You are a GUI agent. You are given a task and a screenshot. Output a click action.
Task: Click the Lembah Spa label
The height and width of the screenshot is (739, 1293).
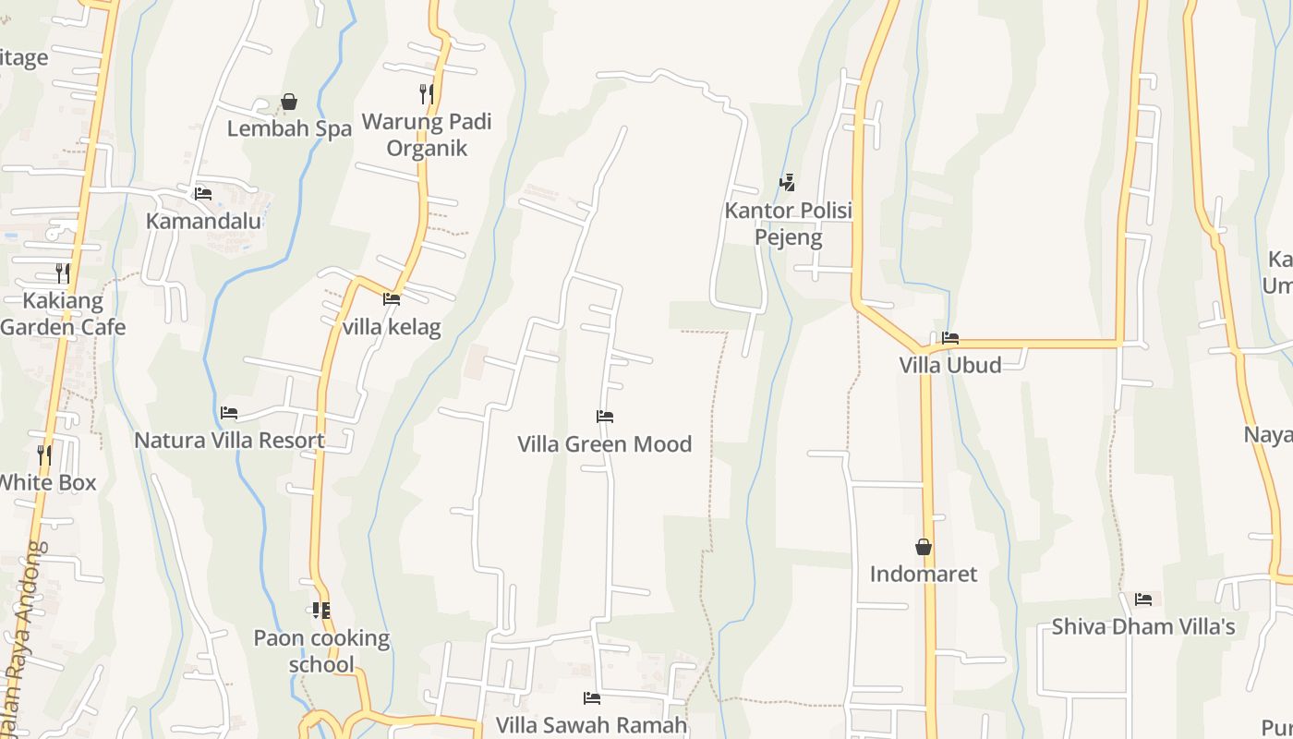289,128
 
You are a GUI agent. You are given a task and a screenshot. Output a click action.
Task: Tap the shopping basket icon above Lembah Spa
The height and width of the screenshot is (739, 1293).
289,102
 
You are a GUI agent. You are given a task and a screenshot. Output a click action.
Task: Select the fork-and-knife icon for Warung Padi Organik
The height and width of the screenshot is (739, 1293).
427,94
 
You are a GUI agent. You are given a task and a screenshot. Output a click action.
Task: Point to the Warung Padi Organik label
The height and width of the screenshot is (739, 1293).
427,135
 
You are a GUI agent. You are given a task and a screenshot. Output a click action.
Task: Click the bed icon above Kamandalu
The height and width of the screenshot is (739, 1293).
203,194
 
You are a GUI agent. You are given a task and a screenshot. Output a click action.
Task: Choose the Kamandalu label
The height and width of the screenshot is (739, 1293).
203,222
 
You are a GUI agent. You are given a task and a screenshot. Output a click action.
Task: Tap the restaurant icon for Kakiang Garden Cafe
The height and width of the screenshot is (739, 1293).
62,273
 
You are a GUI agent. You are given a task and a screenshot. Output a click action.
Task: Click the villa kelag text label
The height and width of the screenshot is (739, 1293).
392,327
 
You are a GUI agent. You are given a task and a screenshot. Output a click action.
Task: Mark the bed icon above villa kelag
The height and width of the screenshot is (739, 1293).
392,299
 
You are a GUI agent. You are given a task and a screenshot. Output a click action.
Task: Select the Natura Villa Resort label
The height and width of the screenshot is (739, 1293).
229,440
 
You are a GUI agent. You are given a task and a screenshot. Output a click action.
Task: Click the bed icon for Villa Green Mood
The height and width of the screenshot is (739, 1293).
605,417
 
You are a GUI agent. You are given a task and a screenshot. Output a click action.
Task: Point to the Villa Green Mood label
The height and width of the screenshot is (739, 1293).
605,444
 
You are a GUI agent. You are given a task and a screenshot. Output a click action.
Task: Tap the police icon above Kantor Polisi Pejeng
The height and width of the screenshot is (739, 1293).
787,183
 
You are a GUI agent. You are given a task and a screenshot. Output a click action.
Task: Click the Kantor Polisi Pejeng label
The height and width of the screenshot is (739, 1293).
788,224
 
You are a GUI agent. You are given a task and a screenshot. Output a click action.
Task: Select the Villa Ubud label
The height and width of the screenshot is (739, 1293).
950,365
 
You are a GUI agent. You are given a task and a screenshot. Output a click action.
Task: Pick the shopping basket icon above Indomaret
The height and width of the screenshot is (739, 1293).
924,547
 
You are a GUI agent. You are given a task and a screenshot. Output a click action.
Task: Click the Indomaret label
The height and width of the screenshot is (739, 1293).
924,574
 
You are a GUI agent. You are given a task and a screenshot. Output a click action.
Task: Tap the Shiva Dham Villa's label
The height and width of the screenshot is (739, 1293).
1143,627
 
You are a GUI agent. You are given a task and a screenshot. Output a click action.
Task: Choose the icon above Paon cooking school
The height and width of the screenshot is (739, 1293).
321,611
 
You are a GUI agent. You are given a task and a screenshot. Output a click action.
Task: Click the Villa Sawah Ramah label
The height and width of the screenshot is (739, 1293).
592,725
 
